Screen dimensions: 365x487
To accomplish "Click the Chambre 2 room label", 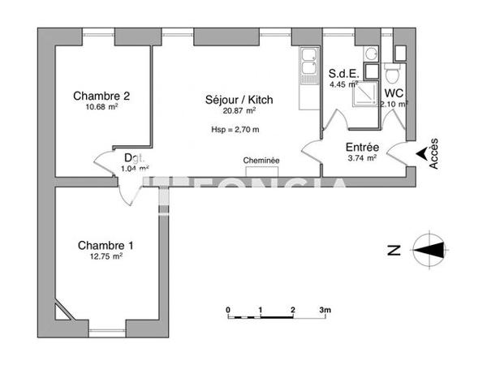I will coord(101,94).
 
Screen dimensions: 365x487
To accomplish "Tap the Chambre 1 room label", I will coord(106,245).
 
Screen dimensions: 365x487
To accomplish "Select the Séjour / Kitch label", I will coord(239,101).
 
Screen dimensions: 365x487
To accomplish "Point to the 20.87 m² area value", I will coord(239,112).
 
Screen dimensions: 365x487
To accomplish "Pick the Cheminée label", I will coord(261,161).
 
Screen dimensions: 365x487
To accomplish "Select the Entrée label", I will coord(363,147).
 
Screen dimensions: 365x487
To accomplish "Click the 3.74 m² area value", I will coord(361,159).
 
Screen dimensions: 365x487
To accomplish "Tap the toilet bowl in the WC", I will coord(392,76).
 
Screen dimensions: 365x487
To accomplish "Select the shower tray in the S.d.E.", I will coord(360,96).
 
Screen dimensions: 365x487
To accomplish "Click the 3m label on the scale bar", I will coord(325,310).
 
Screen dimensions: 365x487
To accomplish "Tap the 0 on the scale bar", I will coord(229,310).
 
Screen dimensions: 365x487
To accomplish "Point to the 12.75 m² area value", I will coord(106,256).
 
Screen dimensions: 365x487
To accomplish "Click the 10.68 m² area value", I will coord(101,105).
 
